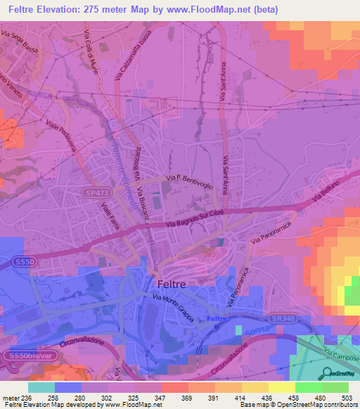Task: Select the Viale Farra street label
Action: pos(112,216)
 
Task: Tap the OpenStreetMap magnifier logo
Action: pos(326,373)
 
